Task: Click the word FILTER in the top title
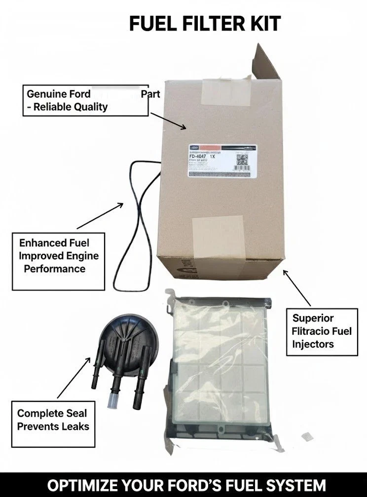tap(209, 24)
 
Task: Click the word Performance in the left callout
tap(54, 269)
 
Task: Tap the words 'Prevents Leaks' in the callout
tap(53, 426)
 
